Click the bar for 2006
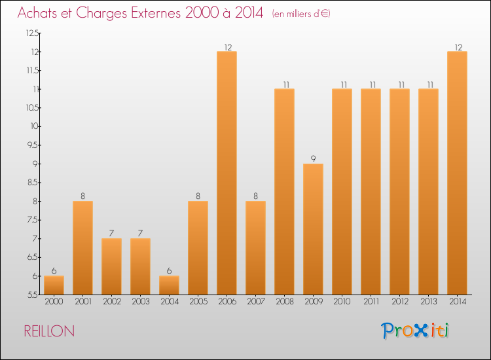(227, 173)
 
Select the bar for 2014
(457, 173)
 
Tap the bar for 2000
(54, 285)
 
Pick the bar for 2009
(313, 229)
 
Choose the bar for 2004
(169, 285)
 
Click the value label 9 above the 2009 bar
(313, 158)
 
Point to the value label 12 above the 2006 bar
(227, 46)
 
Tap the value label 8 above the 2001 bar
(82, 196)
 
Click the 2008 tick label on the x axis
(284, 302)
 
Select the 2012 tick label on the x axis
(399, 302)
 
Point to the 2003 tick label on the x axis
(140, 302)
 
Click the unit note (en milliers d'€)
(301, 14)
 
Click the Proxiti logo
(416, 331)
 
